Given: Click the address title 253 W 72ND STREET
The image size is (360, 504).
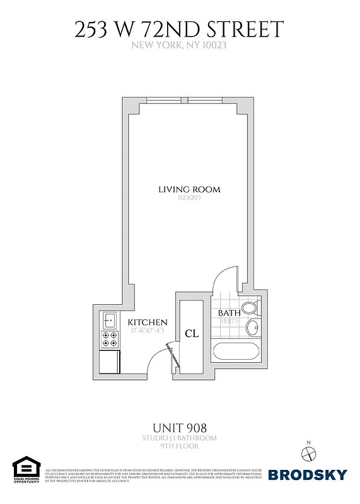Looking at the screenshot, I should click(x=180, y=29).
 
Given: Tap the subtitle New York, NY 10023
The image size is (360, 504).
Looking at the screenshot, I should click(x=180, y=45).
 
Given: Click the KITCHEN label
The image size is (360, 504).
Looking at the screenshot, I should click(x=148, y=322).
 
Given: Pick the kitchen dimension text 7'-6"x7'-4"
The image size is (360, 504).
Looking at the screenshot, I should click(x=148, y=330).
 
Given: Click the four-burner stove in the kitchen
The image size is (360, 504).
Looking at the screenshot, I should click(x=109, y=340).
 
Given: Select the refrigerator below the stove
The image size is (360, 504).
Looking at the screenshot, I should click(x=110, y=361).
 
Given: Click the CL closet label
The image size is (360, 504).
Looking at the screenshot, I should click(x=192, y=333).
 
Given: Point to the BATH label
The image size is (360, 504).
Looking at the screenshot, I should click(x=228, y=313).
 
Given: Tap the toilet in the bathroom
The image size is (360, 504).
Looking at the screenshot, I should click(x=250, y=309).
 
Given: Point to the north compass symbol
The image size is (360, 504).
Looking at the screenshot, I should click(x=308, y=453).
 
